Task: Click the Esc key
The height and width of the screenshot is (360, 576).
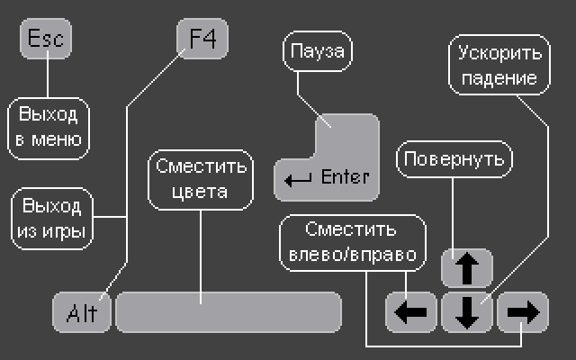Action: (x=45, y=40)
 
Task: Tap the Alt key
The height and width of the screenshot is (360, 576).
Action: (x=82, y=312)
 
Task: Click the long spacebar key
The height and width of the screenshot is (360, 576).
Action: (x=229, y=311)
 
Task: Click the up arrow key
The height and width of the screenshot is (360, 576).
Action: (x=466, y=267)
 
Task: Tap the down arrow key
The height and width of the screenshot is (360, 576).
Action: (x=466, y=311)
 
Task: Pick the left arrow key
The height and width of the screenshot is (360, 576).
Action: (x=411, y=311)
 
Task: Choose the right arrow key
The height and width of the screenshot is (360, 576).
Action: (x=522, y=311)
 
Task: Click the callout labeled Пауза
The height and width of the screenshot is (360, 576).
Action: (x=318, y=51)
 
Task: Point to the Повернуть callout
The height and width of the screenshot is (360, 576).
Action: (x=456, y=159)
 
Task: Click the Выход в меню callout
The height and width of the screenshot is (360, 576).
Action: (x=49, y=127)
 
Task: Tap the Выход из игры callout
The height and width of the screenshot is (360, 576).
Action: (x=51, y=218)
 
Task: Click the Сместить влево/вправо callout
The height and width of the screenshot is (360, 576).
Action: (x=350, y=242)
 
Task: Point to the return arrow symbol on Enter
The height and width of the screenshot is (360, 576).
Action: (x=298, y=179)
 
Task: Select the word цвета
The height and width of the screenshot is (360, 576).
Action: (x=202, y=191)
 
